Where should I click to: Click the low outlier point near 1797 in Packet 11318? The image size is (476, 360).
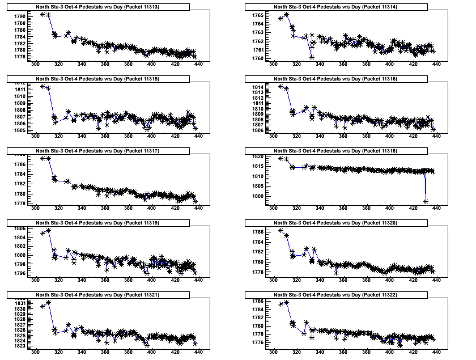tap(425, 201)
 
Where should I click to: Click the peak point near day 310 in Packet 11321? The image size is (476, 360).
tap(48, 302)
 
